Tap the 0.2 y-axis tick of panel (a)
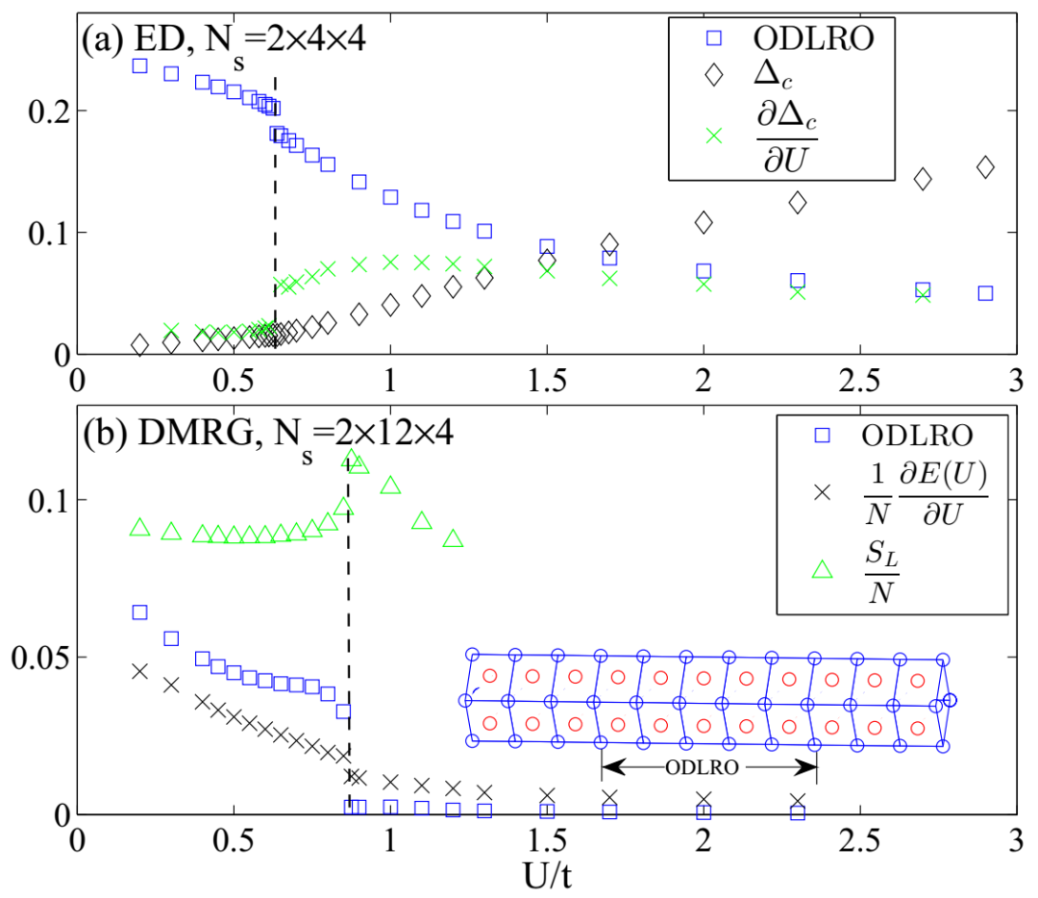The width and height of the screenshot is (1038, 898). pos(36,111)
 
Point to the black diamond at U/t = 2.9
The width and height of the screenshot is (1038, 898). pos(985,166)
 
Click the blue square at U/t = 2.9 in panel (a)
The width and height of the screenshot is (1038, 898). pos(985,293)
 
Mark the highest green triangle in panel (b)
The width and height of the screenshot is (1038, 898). pos(351,459)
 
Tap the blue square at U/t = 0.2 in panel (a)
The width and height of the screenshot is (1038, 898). pos(139,65)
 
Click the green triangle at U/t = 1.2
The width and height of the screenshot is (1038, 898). pos(453,538)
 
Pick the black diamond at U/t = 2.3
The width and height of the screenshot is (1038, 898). pos(798,203)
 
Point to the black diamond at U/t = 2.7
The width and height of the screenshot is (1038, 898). pos(923,179)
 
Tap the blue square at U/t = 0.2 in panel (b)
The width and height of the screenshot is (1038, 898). pos(139,612)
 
